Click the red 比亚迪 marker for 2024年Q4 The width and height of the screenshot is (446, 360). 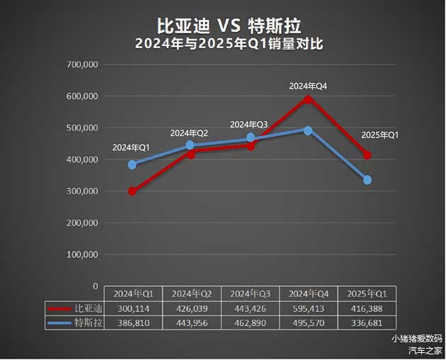(x=308, y=99)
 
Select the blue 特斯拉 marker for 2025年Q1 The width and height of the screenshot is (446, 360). (x=367, y=180)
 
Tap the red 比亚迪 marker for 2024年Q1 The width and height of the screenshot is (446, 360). (x=132, y=191)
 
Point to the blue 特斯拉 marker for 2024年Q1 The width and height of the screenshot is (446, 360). (x=132, y=164)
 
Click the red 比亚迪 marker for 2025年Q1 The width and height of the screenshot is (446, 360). (x=367, y=155)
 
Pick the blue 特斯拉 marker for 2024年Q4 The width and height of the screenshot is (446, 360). (x=308, y=130)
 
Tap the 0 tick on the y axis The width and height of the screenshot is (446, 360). (x=95, y=286)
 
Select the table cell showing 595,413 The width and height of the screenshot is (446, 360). (x=309, y=308)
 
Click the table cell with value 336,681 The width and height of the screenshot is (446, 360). (x=367, y=323)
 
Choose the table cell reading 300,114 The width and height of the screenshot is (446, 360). (x=133, y=308)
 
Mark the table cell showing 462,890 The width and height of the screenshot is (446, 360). (x=251, y=323)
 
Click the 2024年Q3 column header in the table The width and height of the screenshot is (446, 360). (x=251, y=293)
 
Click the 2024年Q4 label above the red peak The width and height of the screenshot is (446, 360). (x=308, y=86)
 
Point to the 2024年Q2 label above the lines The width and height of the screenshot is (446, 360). (x=189, y=133)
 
